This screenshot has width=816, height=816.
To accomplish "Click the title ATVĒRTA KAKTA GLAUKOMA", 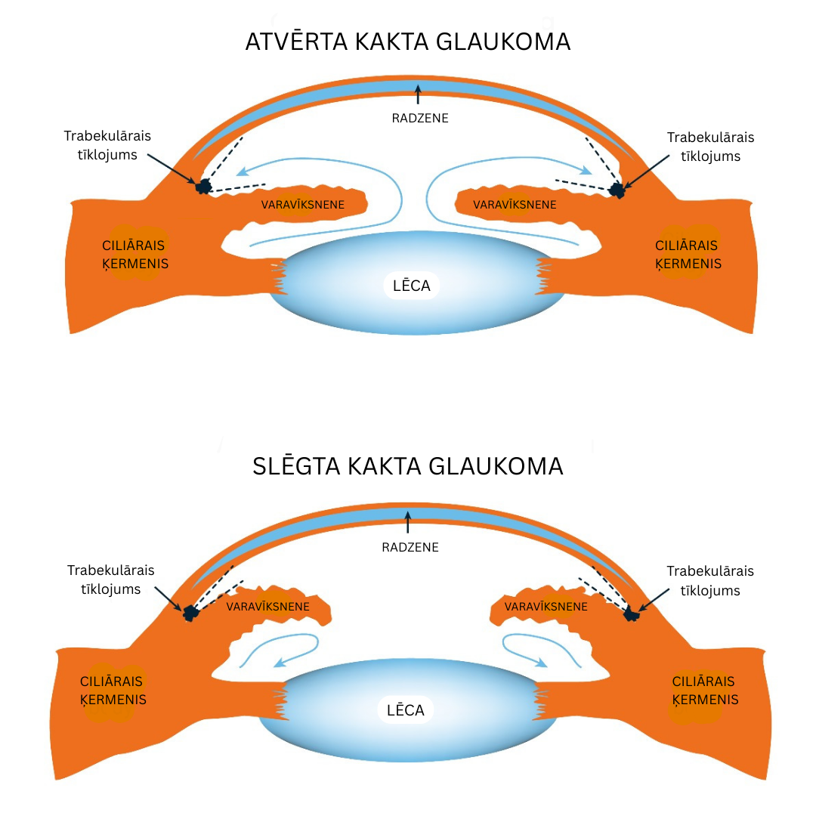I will point(408,42).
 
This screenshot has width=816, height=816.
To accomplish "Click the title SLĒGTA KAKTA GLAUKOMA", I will point(408,466).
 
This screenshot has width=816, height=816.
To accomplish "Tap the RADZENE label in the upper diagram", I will point(420,118).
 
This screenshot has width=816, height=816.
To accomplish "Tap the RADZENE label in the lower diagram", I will point(410,547).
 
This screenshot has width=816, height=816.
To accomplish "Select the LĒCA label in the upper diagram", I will point(412,286).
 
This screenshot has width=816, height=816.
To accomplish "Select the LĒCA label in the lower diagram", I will point(406,710).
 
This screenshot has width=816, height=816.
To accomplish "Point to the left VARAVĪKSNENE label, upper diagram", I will point(303,205).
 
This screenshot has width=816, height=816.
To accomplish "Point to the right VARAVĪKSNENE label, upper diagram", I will point(515,205).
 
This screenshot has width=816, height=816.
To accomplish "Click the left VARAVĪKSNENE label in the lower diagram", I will point(267,606).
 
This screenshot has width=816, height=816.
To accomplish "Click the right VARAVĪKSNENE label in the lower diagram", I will point(546,606).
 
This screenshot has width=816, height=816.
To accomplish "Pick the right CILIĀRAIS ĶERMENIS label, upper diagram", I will point(688,255).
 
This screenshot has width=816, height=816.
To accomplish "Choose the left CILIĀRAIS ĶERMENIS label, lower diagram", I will point(113,691).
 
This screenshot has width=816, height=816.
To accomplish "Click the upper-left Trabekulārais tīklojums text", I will point(107,146).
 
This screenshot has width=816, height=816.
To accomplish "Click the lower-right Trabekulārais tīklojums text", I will point(710,581).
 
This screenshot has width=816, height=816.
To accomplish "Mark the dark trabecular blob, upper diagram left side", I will point(202,186).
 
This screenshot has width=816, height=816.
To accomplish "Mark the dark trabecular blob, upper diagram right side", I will point(617,190).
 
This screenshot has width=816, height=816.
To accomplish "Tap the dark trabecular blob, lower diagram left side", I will point(190,614).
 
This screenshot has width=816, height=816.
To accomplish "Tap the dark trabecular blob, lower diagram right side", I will point(631,615).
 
